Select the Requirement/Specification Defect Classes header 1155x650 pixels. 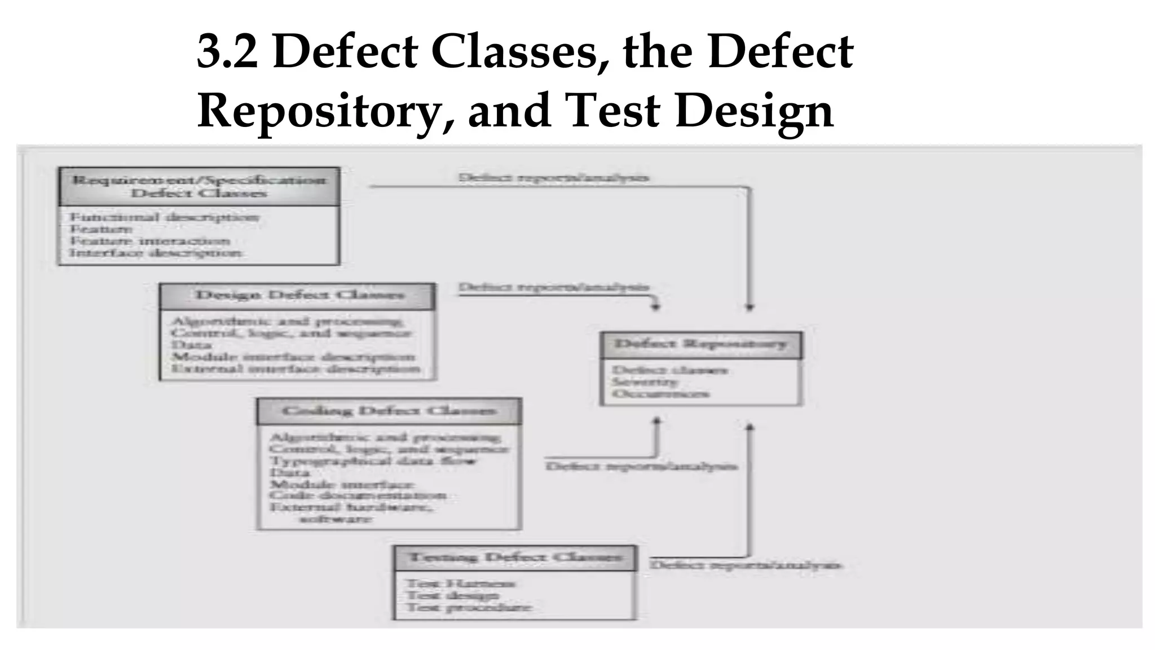pyautogui.click(x=199, y=187)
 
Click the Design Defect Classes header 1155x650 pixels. pyautogui.click(x=299, y=296)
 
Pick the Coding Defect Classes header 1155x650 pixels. pyautogui.click(x=389, y=411)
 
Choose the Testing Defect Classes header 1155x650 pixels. pyautogui.click(x=515, y=557)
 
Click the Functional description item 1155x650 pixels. pyautogui.click(x=164, y=217)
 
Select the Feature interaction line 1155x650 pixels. pyautogui.click(x=149, y=241)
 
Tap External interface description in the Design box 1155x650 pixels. pyautogui.click(x=296, y=369)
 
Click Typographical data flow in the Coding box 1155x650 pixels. pyautogui.click(x=373, y=461)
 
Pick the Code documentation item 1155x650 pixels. pyautogui.click(x=358, y=496)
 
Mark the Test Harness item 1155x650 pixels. pyautogui.click(x=461, y=583)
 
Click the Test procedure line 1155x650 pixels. pyautogui.click(x=469, y=607)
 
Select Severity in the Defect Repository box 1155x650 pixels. pyautogui.click(x=645, y=382)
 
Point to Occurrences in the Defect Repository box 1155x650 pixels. pyautogui.click(x=660, y=394)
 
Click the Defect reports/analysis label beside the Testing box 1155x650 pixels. pyautogui.click(x=746, y=565)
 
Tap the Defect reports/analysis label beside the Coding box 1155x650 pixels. pyautogui.click(x=641, y=466)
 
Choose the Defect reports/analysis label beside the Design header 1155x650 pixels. pyautogui.click(x=553, y=287)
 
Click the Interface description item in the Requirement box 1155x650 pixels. pyautogui.click(x=156, y=253)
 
